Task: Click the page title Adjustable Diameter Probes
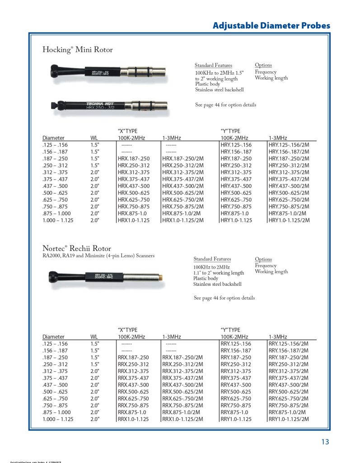tap(271, 26)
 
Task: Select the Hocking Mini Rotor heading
tap(77, 49)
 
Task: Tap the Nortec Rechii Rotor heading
tap(76, 248)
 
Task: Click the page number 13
tap(325, 442)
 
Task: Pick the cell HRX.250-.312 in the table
tap(133, 166)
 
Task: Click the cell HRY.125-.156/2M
tap(289, 145)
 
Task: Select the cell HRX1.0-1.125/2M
tap(182, 220)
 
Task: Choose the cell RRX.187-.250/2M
tap(182, 357)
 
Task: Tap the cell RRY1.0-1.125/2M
tap(289, 419)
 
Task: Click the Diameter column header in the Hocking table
tap(53, 138)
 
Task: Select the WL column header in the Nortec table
tap(94, 337)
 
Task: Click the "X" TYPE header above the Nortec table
tap(127, 330)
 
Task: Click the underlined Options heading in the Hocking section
tap(263, 66)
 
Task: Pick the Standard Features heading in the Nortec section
tap(212, 259)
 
